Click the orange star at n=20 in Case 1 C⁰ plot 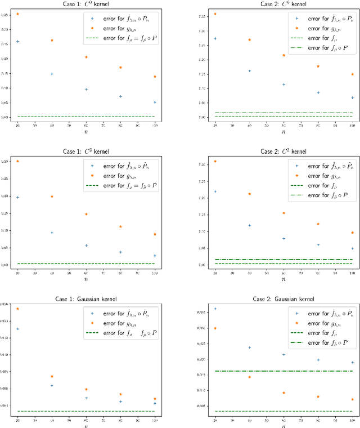[17, 14]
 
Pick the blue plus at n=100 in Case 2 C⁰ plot [353, 98]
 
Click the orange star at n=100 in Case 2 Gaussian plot [353, 399]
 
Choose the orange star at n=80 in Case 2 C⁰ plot [318, 66]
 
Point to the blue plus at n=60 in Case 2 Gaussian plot [283, 354]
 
